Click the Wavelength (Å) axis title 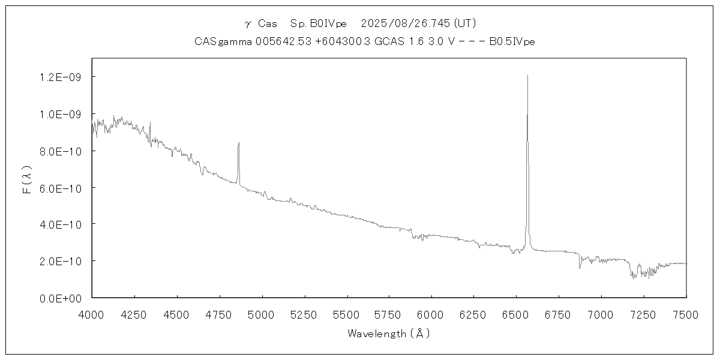389,334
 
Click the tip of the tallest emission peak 527,76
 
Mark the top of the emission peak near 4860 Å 239,143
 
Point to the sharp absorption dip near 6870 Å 580,268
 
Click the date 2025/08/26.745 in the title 406,23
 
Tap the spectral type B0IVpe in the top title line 328,23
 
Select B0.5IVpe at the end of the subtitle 512,41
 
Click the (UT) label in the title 465,23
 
